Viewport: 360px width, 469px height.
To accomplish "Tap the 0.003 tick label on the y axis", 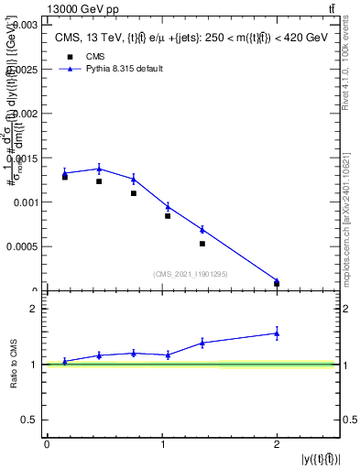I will coord(24,26).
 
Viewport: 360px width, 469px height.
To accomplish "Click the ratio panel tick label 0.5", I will coord(30,420).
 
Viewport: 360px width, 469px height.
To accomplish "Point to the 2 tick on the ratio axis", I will coord(36,309).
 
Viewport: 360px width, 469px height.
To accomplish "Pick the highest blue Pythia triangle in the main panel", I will coord(99,168).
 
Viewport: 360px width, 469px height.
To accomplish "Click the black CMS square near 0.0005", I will coord(202,244).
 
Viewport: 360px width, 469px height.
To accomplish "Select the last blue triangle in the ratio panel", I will coord(277,333).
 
